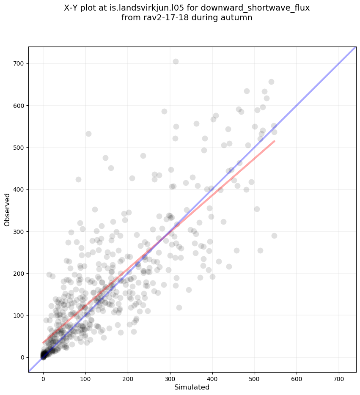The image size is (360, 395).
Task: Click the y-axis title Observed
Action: [7, 209]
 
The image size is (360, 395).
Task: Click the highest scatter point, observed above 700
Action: [176, 61]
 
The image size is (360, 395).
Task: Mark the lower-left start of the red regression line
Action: [43, 343]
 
